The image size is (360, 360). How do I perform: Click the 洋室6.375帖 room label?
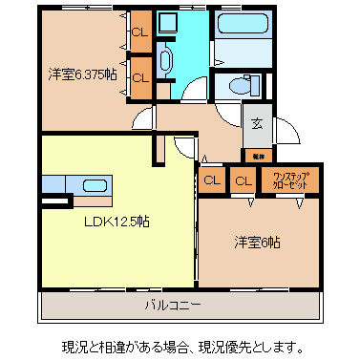coord(84,73)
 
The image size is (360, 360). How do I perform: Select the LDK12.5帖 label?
coord(114,221)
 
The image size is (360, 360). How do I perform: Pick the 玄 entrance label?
coord(257,123)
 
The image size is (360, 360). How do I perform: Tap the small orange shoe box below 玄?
coord(257,154)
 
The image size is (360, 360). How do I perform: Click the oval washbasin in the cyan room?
coord(163,63)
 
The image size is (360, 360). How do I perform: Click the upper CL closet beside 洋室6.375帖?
coord(140,32)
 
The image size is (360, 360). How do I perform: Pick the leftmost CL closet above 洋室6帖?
coord(212,180)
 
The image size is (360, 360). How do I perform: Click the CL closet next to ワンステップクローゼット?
coord(244,180)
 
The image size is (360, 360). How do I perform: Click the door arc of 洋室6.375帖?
coord(143,119)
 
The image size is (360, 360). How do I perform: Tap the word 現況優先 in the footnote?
coord(261,344)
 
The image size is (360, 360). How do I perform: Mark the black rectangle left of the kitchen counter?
coord(55,201)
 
